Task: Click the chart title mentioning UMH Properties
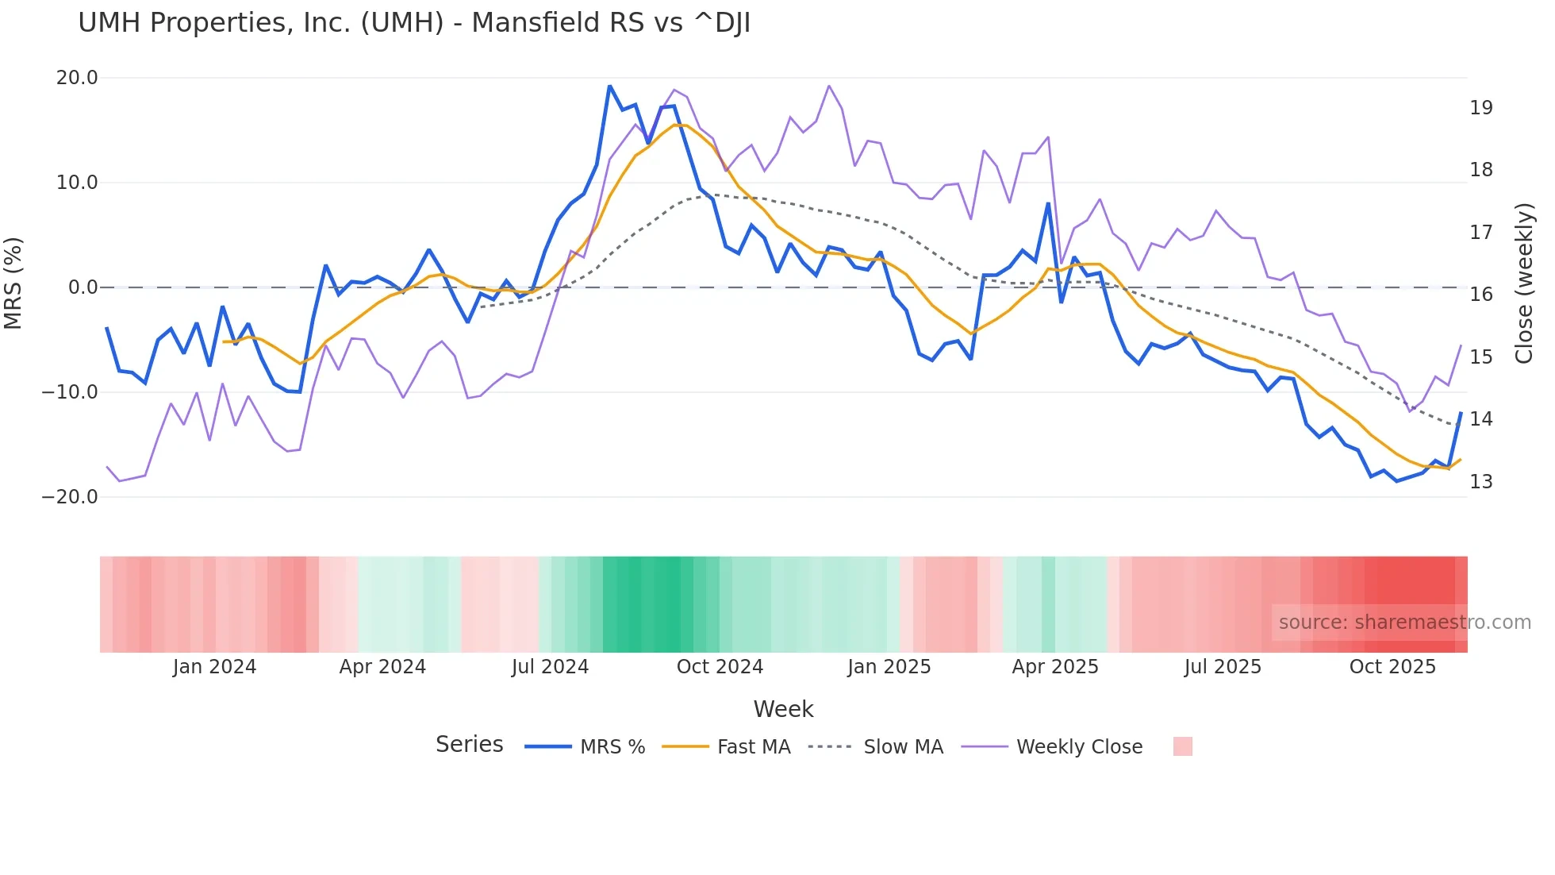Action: [x=413, y=23]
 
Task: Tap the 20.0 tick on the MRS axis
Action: [x=77, y=78]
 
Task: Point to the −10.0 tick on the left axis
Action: [x=70, y=392]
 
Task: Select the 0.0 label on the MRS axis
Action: [x=83, y=287]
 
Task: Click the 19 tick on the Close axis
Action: [x=1480, y=108]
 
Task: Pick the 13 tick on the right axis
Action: [x=1480, y=482]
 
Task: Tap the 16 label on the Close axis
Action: [x=1480, y=295]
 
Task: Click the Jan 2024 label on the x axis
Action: [x=214, y=667]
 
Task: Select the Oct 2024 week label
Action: [x=720, y=667]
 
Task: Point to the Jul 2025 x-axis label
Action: [x=1223, y=667]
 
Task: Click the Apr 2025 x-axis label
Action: [x=1055, y=667]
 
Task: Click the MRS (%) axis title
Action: [x=13, y=283]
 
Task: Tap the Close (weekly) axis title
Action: [x=1524, y=283]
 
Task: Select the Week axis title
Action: [x=783, y=709]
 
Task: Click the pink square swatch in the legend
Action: [x=1182, y=746]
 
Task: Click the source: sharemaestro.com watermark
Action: [x=1404, y=623]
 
